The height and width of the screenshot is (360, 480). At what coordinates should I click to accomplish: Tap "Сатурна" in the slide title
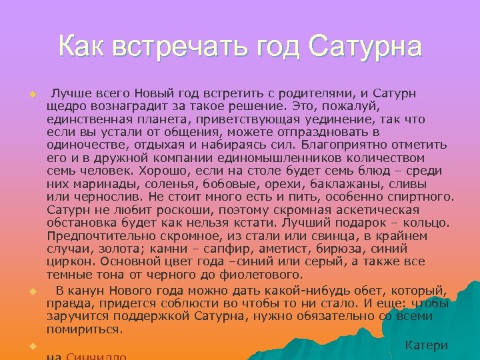coord(366,47)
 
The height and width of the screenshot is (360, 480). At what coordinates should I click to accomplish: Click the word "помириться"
coord(85,329)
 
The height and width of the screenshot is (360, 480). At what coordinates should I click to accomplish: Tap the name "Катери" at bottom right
coord(427,345)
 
